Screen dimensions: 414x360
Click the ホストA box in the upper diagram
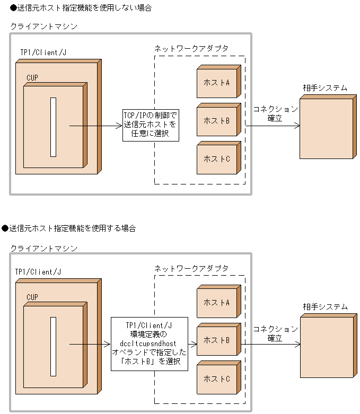click(x=216, y=83)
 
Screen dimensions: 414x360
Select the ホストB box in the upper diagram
click(x=216, y=121)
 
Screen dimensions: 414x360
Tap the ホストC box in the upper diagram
click(x=216, y=159)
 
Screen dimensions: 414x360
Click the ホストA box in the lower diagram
click(x=216, y=303)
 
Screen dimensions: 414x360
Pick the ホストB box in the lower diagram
click(x=216, y=340)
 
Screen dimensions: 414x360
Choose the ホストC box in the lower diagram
click(x=216, y=379)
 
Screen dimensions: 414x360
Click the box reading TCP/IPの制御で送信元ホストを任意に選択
click(x=150, y=125)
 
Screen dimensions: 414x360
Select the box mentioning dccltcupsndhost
click(x=150, y=343)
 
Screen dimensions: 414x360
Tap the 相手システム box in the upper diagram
click(x=326, y=129)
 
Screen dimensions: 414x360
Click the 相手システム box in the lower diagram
click(x=326, y=347)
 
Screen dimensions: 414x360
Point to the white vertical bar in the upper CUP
click(x=53, y=127)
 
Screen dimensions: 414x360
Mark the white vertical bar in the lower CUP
click(x=53, y=346)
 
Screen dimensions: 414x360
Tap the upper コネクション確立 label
click(x=275, y=113)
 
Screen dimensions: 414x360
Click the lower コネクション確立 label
click(x=275, y=333)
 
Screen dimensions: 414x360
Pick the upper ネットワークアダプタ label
click(x=191, y=48)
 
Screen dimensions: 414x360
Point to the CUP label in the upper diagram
click(x=32, y=77)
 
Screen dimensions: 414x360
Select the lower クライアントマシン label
click(x=44, y=248)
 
